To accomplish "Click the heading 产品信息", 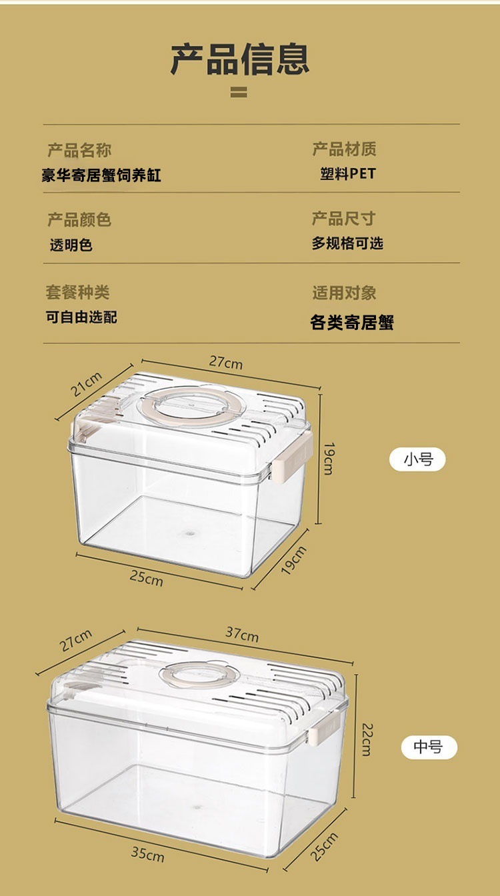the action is pyautogui.click(x=240, y=59).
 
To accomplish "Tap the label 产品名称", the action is pyautogui.click(x=79, y=150).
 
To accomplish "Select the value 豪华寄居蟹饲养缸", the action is pyautogui.click(x=101, y=176).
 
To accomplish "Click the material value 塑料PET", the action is pyautogui.click(x=348, y=175).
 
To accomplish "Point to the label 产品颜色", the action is pyautogui.click(x=79, y=219).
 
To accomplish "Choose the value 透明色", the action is pyautogui.click(x=71, y=245).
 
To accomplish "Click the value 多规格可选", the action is pyautogui.click(x=347, y=243).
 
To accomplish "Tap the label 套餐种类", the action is pyautogui.click(x=77, y=292).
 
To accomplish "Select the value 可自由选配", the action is pyautogui.click(x=81, y=317).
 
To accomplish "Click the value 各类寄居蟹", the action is pyautogui.click(x=352, y=323).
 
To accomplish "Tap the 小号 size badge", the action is pyautogui.click(x=417, y=459).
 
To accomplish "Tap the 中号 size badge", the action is pyautogui.click(x=428, y=747).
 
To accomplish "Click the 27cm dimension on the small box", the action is pyautogui.click(x=226, y=363).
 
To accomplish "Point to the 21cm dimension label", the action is pyautogui.click(x=87, y=385).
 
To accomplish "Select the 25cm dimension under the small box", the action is pyautogui.click(x=146, y=577).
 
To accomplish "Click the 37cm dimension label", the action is pyautogui.click(x=242, y=634).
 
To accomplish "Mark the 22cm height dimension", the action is pyautogui.click(x=365, y=739).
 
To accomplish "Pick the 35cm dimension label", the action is pyautogui.click(x=147, y=853).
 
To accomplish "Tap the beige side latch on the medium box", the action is pyautogui.click(x=317, y=728).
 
